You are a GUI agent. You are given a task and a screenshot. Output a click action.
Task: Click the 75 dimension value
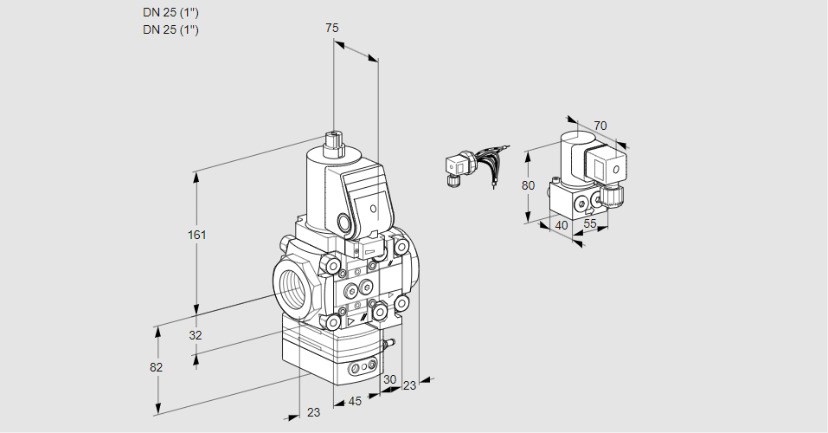click(331, 28)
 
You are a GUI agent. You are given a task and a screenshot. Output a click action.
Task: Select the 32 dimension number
click(195, 335)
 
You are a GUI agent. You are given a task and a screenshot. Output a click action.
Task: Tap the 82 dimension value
click(156, 367)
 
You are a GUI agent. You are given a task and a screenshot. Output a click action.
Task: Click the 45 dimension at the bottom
click(355, 401)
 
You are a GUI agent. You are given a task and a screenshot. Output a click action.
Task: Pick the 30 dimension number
click(389, 379)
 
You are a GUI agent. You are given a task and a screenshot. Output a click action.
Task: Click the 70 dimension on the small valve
click(600, 126)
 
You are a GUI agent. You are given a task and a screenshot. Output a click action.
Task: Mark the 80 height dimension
click(530, 184)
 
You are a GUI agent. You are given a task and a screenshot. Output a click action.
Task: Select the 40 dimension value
click(561, 225)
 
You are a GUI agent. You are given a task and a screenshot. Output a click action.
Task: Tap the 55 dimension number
click(590, 223)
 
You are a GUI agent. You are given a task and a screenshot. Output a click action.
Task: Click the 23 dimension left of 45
click(313, 412)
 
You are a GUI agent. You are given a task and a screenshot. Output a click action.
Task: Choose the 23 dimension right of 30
click(409, 385)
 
